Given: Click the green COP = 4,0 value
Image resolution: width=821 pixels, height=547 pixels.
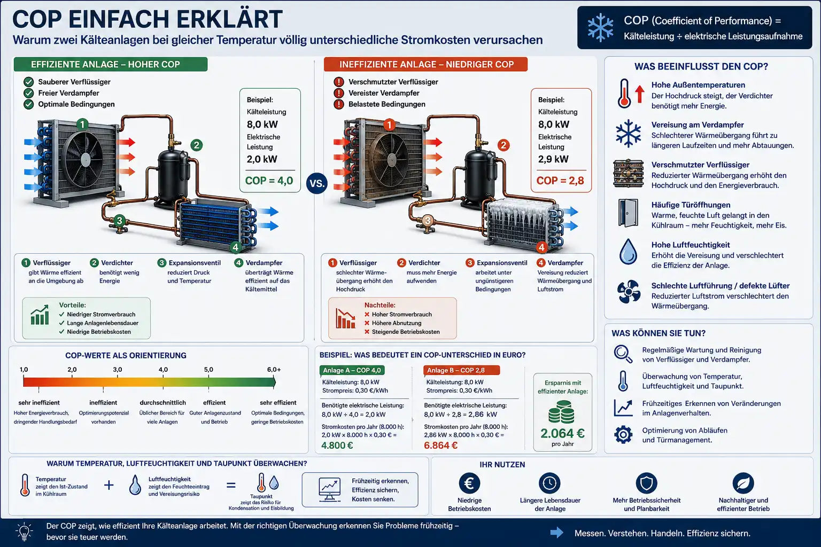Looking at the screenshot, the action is [269, 181].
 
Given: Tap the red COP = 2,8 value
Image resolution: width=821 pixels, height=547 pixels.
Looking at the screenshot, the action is [560, 181].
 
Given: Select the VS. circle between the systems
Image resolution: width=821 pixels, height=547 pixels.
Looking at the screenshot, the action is [317, 183].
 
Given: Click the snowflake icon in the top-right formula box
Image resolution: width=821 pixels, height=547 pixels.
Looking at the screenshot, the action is [600, 27].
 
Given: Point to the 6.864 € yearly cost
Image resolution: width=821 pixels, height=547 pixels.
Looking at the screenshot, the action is [440, 445].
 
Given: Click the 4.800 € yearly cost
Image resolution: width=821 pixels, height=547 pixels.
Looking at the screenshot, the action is [337, 445].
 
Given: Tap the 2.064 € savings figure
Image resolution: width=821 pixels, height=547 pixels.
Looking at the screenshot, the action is [562, 433].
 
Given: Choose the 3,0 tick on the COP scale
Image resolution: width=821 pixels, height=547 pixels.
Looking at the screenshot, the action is [117, 369].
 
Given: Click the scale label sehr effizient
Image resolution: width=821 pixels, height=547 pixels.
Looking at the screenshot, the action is [278, 402].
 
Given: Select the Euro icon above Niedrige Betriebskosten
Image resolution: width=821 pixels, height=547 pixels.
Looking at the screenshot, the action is [469, 483].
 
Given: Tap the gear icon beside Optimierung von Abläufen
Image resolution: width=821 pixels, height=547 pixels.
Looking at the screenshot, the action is [623, 434].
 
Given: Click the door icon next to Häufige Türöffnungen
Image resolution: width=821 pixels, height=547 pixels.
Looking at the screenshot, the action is [628, 213].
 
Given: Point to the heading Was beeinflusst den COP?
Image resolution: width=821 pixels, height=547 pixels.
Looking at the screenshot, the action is [701, 66].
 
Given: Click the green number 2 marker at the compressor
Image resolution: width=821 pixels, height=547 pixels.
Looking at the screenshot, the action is [197, 145].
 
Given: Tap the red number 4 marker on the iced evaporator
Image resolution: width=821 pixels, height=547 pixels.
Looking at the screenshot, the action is [541, 247].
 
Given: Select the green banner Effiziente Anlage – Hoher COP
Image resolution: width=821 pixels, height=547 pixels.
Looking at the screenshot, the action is [111, 64].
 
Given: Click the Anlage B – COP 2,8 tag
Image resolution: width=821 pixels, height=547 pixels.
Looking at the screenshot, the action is [461, 370].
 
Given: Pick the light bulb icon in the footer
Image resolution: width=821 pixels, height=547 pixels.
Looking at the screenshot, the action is [24, 532].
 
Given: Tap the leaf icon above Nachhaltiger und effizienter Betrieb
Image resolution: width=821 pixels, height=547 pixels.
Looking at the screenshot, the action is [743, 483].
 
